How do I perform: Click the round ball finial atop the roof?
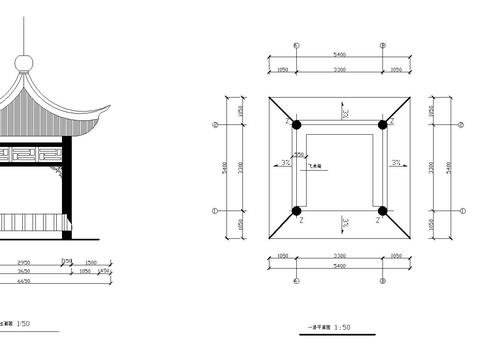27,63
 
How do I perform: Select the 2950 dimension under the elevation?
26,262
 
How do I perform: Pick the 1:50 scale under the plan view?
343,326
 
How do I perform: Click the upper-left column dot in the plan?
296,125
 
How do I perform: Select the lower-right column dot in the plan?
382,211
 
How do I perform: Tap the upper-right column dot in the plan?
382,125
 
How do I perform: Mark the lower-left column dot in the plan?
296,211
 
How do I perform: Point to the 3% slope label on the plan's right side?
396,163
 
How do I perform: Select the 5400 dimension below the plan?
339,267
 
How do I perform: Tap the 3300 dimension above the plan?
339,70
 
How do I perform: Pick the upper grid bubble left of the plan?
215,125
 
